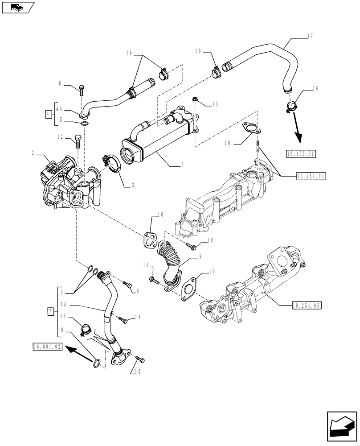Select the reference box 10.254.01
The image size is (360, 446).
311,176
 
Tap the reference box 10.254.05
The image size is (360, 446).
307,306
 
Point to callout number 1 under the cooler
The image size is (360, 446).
182,164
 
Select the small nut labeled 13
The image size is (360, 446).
195,98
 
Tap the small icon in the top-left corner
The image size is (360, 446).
17,8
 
